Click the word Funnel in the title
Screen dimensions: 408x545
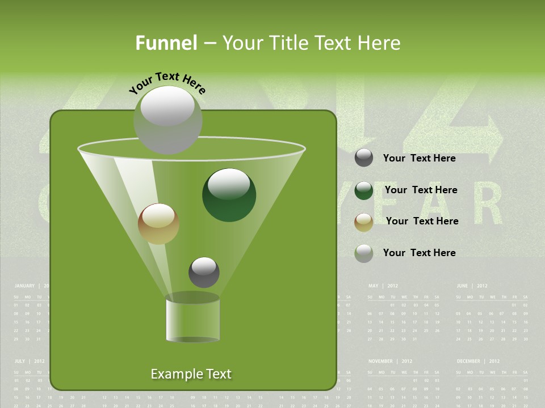point(166,43)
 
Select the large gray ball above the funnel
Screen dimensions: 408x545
point(168,120)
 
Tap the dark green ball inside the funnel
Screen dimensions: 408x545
point(229,195)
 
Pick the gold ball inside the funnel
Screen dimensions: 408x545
point(158,224)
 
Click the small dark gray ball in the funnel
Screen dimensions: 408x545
point(204,272)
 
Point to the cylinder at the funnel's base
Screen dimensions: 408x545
point(193,320)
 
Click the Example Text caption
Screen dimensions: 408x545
point(191,374)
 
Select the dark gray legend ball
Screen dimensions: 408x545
point(364,158)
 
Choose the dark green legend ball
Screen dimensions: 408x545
point(364,190)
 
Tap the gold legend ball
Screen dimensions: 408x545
point(364,222)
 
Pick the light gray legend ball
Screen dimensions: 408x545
point(364,253)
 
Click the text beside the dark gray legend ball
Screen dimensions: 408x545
point(420,158)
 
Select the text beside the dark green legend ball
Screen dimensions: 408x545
point(421,190)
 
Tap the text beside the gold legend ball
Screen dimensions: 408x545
point(422,221)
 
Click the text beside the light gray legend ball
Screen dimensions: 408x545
point(420,253)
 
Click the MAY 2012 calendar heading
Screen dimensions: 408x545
point(384,286)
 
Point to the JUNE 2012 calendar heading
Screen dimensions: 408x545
point(472,286)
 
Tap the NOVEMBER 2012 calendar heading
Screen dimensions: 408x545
point(390,361)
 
